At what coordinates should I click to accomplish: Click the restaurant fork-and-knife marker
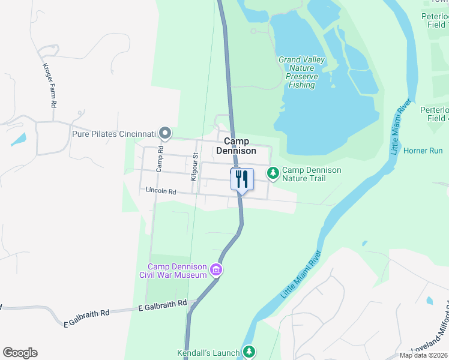point(243,179)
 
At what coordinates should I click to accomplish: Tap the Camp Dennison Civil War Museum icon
point(216,271)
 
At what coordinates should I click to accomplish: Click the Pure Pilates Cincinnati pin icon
point(165,133)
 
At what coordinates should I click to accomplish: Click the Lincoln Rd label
point(160,191)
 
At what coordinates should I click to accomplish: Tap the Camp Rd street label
point(160,158)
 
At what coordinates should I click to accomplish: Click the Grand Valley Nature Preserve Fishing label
point(301,72)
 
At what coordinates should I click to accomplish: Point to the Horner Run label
point(423,151)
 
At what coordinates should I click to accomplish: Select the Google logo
point(20,353)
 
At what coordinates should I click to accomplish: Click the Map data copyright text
point(424,355)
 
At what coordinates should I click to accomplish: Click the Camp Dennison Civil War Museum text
point(178,271)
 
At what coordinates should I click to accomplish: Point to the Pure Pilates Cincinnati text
point(114,133)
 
